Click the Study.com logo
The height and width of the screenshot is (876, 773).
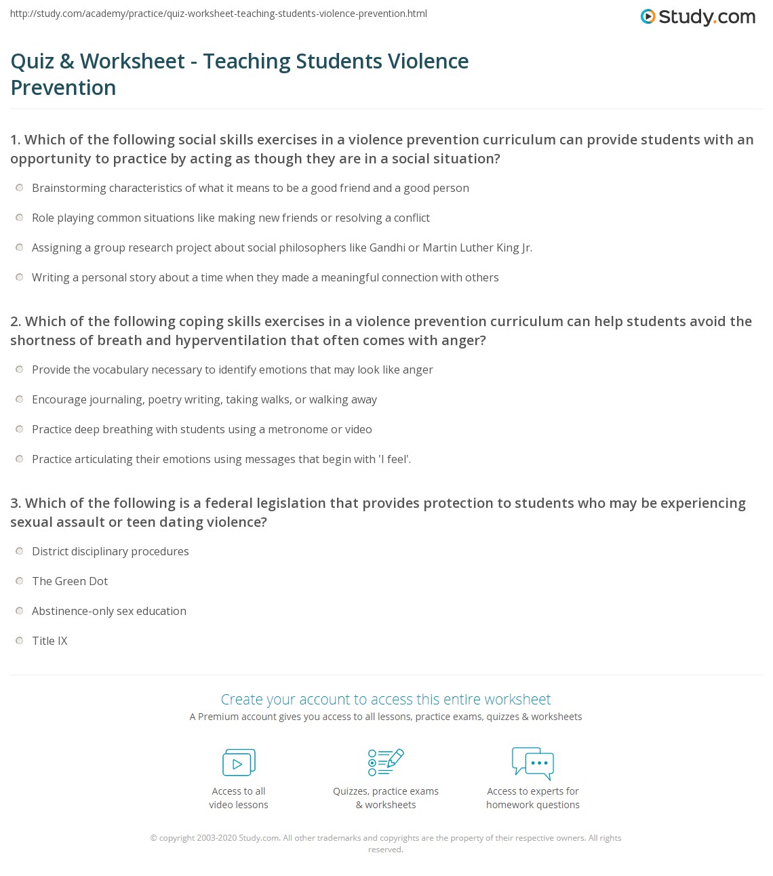pos(698,17)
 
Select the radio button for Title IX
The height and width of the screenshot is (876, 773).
pos(20,641)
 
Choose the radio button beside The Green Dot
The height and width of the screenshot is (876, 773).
pos(20,581)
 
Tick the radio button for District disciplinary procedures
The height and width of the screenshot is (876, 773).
pos(20,551)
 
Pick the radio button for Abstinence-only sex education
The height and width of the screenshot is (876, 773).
pos(20,611)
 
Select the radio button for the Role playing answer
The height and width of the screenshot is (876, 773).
pos(20,218)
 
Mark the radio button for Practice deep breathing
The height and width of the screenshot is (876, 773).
pos(20,429)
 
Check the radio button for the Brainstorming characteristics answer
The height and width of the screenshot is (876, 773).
pos(20,188)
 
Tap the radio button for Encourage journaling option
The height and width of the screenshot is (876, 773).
pos(20,399)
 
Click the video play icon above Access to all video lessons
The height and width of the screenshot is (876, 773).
pos(239,763)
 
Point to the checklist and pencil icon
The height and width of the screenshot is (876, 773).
pos(386,762)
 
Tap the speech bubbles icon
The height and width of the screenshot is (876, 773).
pos(533,763)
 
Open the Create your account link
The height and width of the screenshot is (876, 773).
pos(386,699)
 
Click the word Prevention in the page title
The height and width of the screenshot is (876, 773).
pos(64,87)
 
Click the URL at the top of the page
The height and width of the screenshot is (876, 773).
pos(218,14)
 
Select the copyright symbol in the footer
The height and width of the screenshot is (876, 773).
pos(153,838)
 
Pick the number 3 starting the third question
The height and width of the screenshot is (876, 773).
pos(14,503)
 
